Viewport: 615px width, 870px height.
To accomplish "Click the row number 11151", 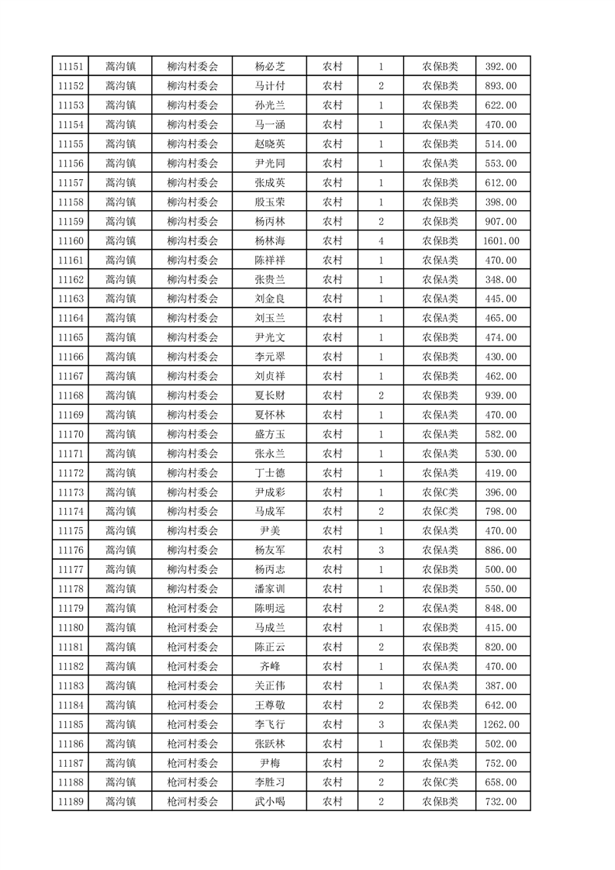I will pos(71,67).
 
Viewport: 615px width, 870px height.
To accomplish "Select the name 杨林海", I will pos(270,241).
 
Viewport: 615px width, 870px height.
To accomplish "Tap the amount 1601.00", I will pos(500,241).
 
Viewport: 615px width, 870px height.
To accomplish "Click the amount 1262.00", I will pos(500,724).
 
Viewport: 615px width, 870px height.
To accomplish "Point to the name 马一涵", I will pos(270,125).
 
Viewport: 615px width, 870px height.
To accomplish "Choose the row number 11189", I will pos(71,802).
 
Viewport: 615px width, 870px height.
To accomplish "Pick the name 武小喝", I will pos(270,802).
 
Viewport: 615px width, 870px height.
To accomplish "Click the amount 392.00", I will pos(500,67).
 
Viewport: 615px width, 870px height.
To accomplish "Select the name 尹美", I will pos(270,531).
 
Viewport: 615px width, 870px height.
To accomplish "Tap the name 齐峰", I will pos(270,666).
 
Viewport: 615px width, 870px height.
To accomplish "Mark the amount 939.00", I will pos(500,395).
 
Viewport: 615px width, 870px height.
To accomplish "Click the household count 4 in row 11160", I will pos(381,241).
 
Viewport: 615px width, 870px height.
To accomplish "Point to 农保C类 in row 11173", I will pos(440,492).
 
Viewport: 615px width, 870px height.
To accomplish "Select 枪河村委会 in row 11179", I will pos(193,609).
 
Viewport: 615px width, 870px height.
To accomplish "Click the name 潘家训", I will pos(270,589).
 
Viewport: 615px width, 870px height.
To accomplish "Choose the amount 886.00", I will pos(500,551).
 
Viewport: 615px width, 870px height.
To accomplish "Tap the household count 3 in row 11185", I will pos(381,724).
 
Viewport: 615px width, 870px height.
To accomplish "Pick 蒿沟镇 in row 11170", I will pos(120,434).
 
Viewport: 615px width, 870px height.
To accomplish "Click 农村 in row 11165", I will pos(333,338).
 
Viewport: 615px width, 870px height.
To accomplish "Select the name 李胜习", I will pos(270,782).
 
